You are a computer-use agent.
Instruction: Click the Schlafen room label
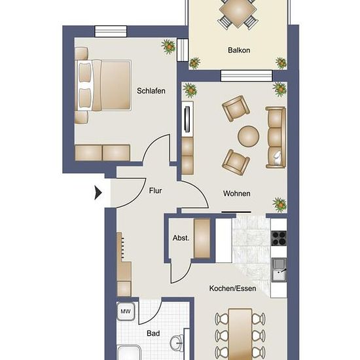pos(151,91)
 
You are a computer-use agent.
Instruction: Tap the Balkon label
pos(239,50)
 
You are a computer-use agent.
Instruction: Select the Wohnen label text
pos(236,194)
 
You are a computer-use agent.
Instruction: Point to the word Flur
pos(155,190)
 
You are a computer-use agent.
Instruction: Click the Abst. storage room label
pos(181,238)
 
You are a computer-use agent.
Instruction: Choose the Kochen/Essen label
pos(232,289)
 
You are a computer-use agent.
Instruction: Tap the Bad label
pos(153,333)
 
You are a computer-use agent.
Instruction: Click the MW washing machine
pos(126,311)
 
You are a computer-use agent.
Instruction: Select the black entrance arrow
pos(98,193)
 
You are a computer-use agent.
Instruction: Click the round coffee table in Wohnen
pos(249,136)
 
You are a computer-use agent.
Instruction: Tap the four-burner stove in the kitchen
pos(279,238)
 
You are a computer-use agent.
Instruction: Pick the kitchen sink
pos(279,270)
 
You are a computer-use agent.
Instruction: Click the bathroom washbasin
pos(177,343)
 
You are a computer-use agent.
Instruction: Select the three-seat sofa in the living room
pos(276,137)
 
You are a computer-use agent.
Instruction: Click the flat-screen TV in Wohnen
pos(188,119)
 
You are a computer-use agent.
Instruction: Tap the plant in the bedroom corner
pos(169,46)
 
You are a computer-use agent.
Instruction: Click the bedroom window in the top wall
pos(111,31)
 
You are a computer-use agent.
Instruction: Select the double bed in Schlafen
pos(103,85)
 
